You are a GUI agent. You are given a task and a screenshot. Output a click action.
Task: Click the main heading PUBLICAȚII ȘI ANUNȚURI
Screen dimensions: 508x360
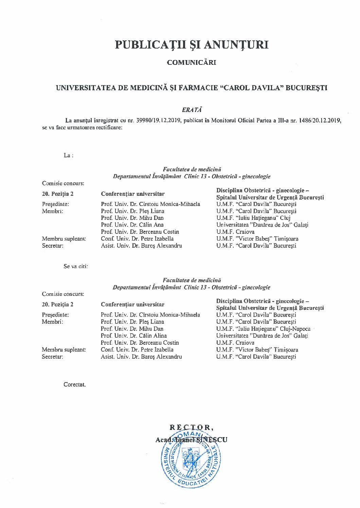tap(192, 44)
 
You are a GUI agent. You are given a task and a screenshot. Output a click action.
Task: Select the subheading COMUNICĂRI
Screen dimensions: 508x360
tap(192, 62)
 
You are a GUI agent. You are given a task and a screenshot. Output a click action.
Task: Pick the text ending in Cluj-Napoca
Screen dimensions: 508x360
tap(263, 329)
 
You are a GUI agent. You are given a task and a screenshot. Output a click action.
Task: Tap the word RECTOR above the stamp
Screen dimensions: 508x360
tap(192, 427)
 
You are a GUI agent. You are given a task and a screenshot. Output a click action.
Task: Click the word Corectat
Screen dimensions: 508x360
tap(75, 385)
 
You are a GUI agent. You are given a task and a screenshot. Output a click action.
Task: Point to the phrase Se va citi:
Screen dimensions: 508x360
tap(76, 266)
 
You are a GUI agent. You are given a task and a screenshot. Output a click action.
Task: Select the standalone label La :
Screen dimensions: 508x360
tap(69, 155)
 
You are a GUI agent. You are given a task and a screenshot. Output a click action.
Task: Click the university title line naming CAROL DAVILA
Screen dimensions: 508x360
tap(192, 88)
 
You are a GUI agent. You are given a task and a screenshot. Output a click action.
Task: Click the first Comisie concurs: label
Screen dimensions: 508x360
tap(63, 183)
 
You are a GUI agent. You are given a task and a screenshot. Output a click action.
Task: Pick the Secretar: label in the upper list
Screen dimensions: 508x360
tap(53, 246)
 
